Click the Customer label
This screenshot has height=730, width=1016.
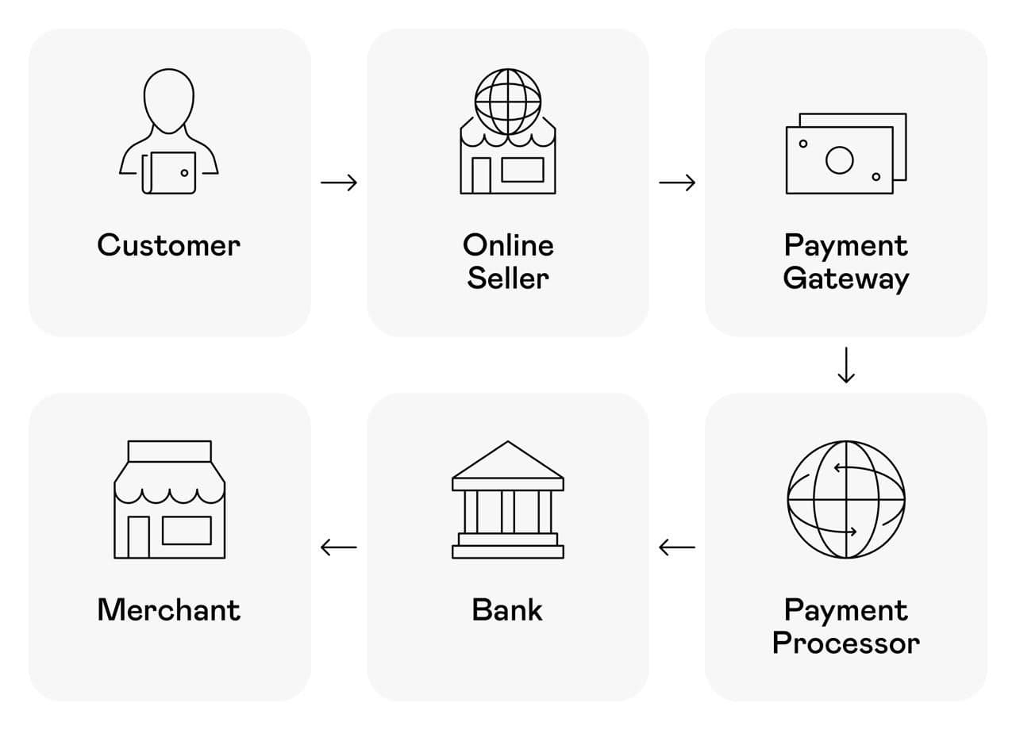tap(168, 245)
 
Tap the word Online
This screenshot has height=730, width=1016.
tap(508, 245)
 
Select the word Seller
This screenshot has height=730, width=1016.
tap(508, 279)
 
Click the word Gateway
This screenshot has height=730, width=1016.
tap(846, 279)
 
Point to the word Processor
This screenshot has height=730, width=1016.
tap(846, 643)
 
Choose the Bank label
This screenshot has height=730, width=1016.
tap(507, 610)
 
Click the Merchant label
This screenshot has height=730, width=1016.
tap(168, 610)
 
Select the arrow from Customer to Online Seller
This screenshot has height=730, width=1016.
tap(339, 182)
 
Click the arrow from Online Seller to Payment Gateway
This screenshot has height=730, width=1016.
tap(677, 182)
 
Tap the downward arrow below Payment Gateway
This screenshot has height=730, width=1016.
tap(846, 365)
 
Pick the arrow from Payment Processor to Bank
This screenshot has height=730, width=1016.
tap(677, 547)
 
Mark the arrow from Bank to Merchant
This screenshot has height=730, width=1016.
tap(339, 547)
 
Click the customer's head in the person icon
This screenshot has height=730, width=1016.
tap(169, 100)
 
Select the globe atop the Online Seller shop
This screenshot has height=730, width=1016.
tap(508, 101)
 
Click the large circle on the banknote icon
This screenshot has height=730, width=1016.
tap(839, 160)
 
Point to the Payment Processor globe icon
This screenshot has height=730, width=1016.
tap(846, 500)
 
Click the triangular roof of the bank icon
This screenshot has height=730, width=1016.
tap(508, 461)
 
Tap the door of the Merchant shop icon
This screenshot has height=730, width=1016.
tap(139, 536)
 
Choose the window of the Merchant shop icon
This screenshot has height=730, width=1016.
tap(187, 530)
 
